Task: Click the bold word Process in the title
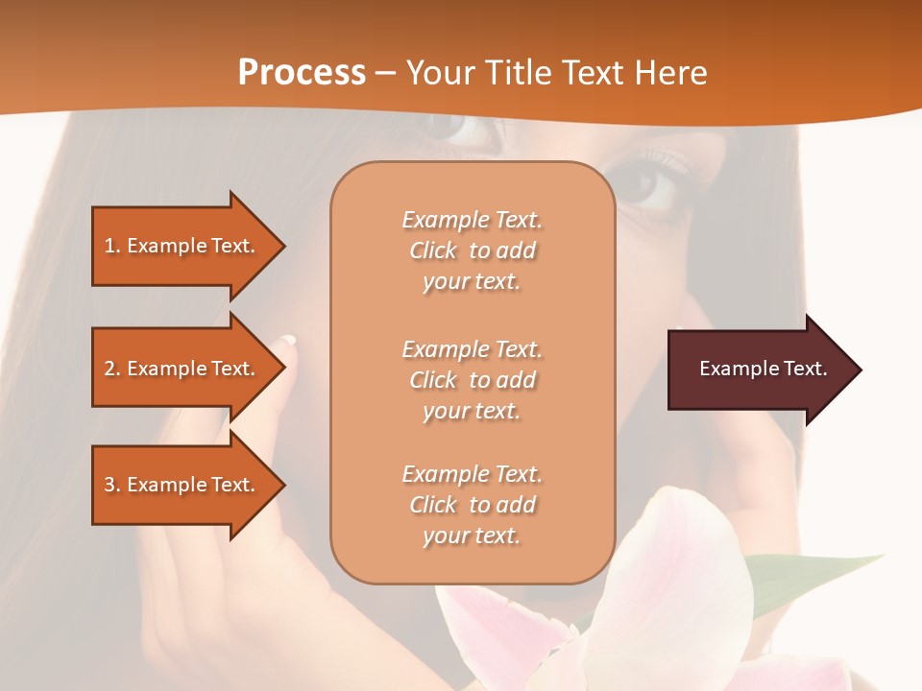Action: coord(302,73)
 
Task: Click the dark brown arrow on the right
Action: coord(759,369)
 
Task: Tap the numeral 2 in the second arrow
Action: coord(109,369)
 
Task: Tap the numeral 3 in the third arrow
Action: coord(109,485)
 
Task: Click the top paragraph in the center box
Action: coord(472,250)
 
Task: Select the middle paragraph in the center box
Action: coord(472,380)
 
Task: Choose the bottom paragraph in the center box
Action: coord(472,505)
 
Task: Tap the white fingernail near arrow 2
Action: coord(288,340)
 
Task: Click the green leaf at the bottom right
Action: coord(816,576)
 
